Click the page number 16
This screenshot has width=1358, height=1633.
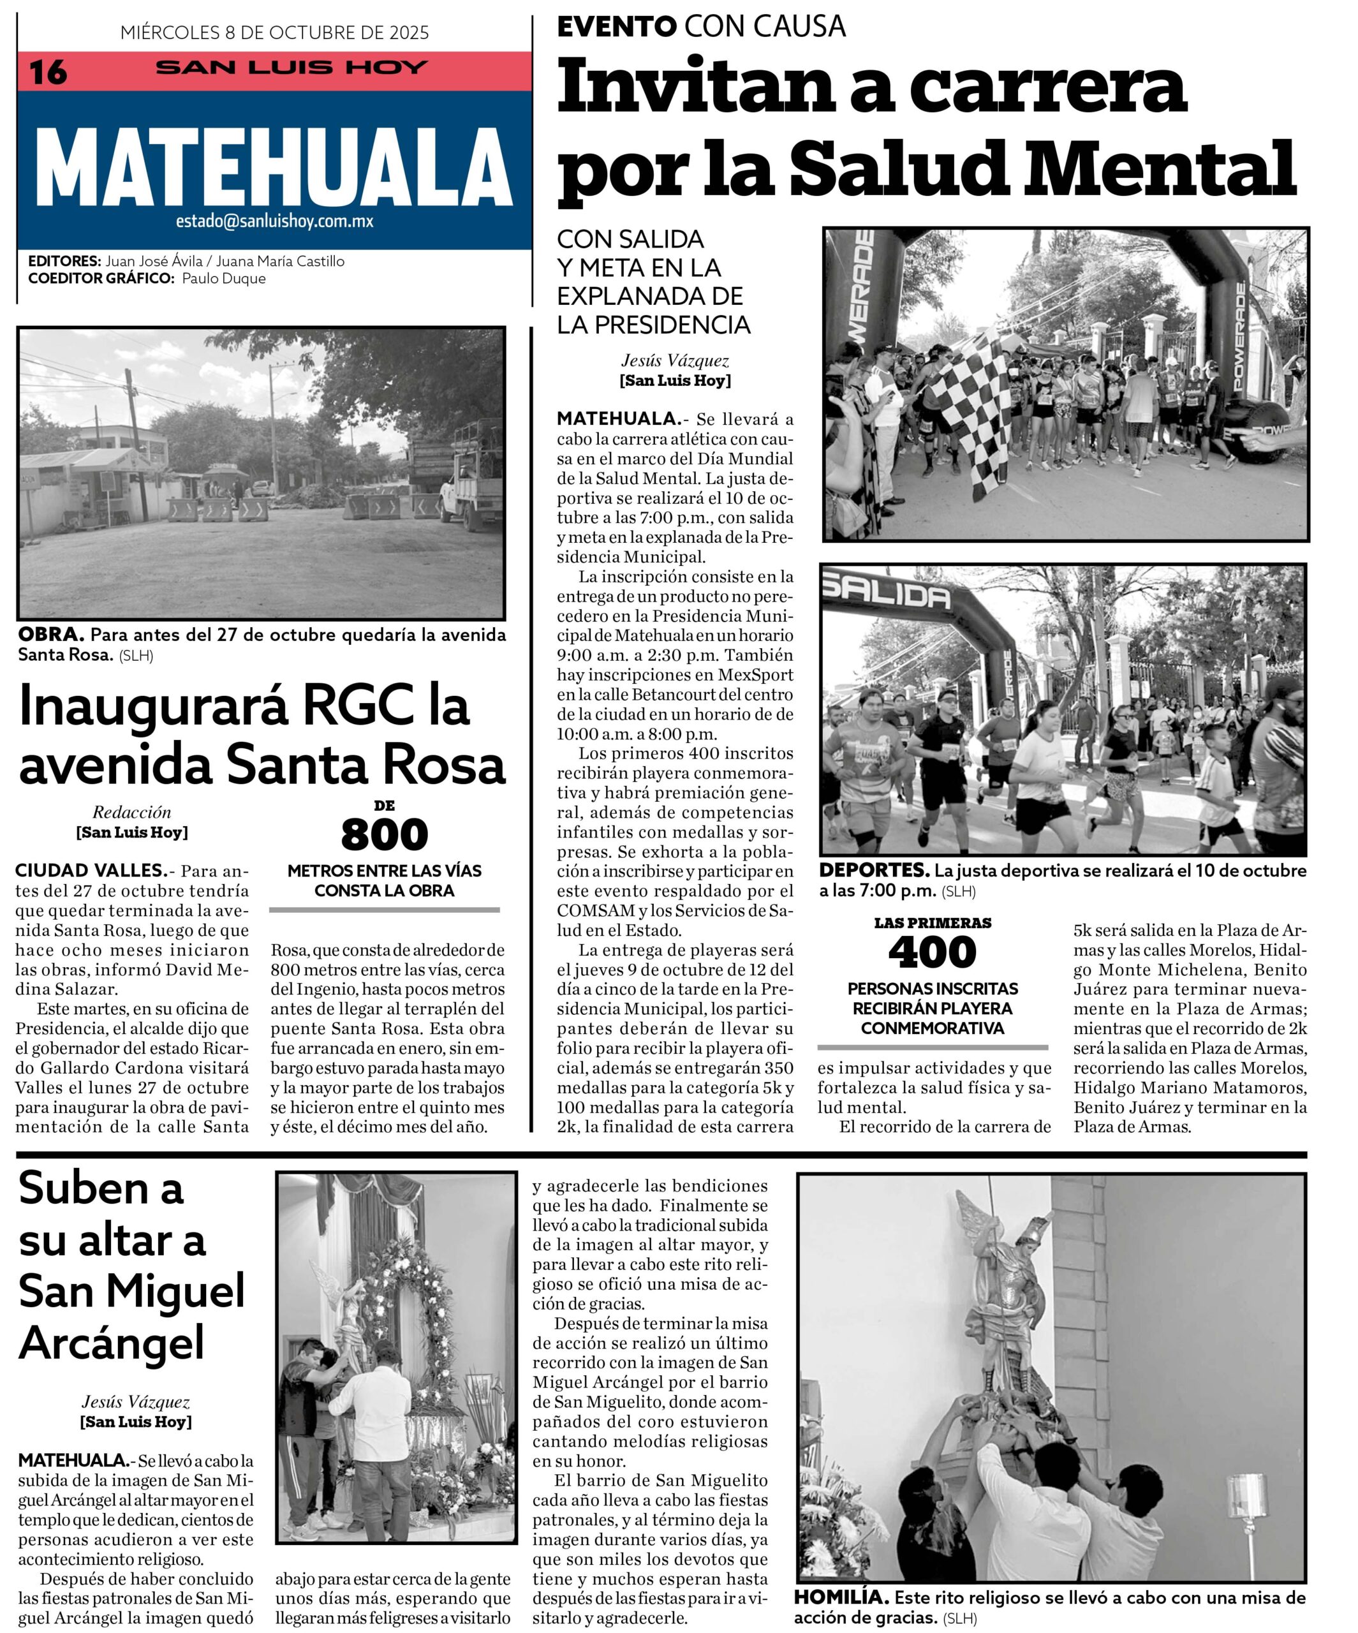coord(48,72)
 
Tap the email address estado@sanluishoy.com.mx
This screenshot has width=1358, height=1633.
coord(274,221)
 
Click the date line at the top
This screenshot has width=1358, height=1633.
coord(274,33)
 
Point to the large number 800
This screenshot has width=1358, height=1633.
coord(384,834)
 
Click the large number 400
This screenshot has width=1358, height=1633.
coord(932,952)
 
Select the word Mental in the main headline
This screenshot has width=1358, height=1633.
coord(1159,169)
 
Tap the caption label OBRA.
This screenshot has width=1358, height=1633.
coord(50,635)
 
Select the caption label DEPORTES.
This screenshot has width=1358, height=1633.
coord(873,870)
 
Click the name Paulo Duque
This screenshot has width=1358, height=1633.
coord(224,278)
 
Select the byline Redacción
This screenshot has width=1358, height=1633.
coord(131,813)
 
